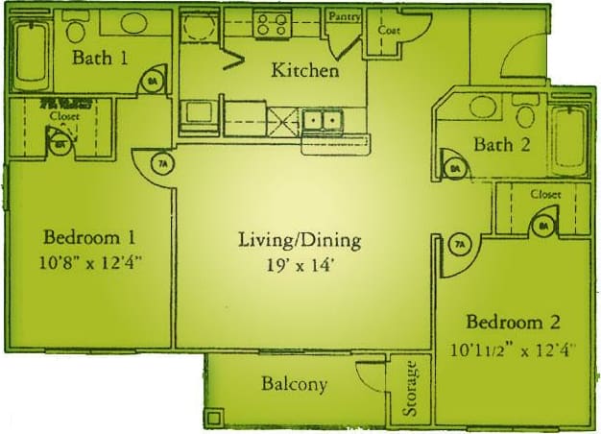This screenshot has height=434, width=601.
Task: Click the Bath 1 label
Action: (x=102, y=59)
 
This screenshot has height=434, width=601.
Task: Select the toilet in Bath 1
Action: (x=75, y=28)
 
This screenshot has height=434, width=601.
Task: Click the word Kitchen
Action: (x=305, y=70)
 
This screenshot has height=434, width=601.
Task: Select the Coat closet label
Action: (x=389, y=30)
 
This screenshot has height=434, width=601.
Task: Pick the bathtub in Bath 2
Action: (x=566, y=140)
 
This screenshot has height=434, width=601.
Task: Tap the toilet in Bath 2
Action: (x=524, y=114)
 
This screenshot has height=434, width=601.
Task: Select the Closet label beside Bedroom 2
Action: (x=545, y=194)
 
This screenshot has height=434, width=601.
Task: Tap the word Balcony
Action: (x=294, y=385)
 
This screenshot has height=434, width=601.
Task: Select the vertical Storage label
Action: (x=411, y=388)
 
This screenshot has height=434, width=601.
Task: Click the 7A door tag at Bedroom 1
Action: (x=163, y=164)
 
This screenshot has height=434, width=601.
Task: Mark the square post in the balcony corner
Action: (x=215, y=418)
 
